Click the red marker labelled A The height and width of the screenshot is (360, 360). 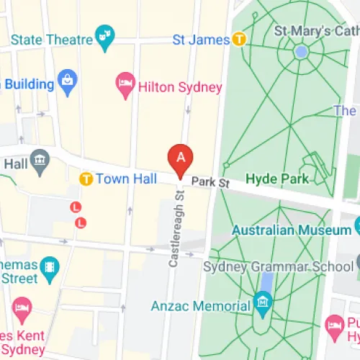[x=180, y=157]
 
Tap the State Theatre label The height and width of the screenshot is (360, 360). [x=51, y=39]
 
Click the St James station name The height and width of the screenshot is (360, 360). [x=199, y=39]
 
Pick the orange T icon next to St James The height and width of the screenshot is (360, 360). [x=238, y=39]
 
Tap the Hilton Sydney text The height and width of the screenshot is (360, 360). [x=181, y=88]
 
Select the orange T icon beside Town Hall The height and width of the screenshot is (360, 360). [x=86, y=178]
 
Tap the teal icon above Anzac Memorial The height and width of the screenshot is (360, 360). [x=262, y=300]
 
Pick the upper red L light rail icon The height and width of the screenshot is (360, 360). [x=74, y=207]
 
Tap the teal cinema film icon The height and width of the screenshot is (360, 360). [x=49, y=268]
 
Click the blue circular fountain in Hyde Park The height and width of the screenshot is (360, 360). [x=301, y=52]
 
